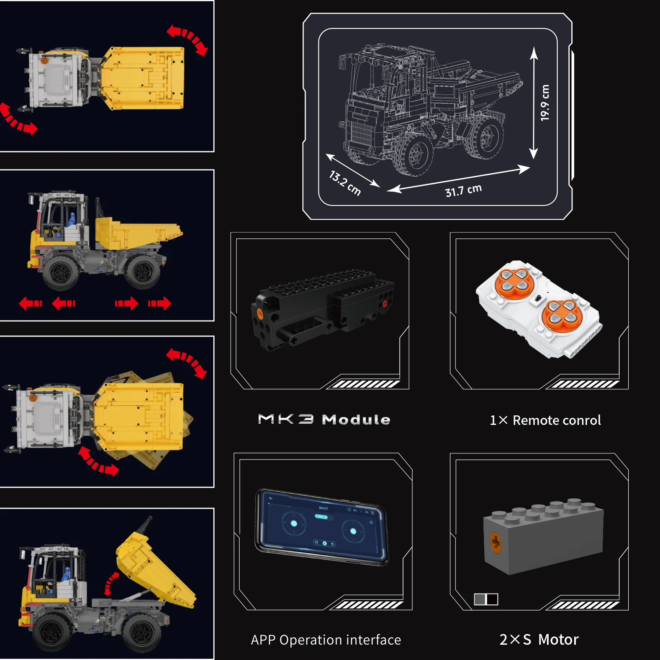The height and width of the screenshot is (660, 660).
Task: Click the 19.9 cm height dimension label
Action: (x=544, y=103)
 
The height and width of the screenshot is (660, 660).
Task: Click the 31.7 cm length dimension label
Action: (x=463, y=191)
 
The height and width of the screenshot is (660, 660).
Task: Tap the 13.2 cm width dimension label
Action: (x=345, y=183)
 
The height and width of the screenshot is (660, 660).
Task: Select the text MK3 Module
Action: (x=324, y=420)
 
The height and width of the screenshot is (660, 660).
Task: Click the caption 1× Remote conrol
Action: (x=545, y=420)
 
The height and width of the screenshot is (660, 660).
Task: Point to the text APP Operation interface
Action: (x=326, y=640)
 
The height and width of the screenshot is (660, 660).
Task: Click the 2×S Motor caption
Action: (x=539, y=639)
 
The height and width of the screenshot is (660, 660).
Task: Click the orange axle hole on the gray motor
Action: (x=495, y=543)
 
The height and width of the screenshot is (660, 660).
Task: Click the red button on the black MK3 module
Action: (x=384, y=304)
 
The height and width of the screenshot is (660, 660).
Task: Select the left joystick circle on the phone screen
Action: (x=294, y=523)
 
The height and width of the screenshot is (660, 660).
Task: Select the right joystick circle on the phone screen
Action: (x=353, y=531)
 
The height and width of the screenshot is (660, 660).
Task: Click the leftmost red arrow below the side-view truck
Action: (x=31, y=304)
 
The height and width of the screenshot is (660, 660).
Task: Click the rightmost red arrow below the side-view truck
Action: (x=160, y=304)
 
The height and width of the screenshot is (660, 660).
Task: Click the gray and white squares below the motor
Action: (x=486, y=599)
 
